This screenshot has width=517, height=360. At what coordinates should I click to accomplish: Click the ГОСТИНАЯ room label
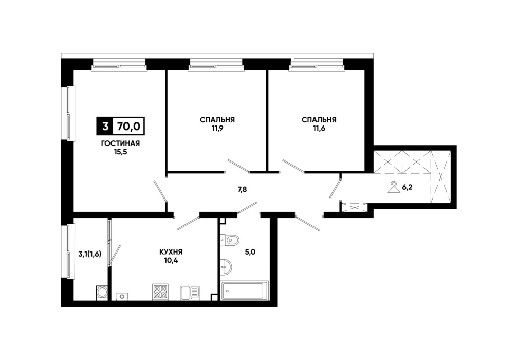(x=120, y=143)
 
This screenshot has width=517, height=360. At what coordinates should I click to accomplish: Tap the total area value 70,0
(x=128, y=126)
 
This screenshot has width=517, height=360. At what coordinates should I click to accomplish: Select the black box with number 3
(x=105, y=126)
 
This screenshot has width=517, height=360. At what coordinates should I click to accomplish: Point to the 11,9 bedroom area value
(x=217, y=128)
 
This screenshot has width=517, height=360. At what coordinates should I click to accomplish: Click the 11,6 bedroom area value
(x=319, y=128)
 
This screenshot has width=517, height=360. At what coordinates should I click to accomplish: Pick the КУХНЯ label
(x=171, y=252)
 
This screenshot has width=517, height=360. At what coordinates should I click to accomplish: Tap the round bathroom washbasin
(x=226, y=266)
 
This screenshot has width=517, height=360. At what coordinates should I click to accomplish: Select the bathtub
(x=244, y=291)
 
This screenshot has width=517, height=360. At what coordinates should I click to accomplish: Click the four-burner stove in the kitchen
(x=160, y=292)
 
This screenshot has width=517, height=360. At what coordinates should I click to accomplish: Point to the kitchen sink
(x=190, y=293)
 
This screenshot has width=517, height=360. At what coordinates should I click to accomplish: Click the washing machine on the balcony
(x=102, y=293)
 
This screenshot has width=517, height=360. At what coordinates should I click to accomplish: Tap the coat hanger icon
(x=393, y=187)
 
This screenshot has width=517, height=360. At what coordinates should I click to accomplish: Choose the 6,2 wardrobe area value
(x=407, y=188)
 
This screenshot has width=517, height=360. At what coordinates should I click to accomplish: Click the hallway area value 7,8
(x=243, y=189)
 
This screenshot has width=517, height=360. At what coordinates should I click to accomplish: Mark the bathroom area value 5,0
(x=250, y=253)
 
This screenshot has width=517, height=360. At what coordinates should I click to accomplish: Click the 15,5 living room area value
(x=120, y=152)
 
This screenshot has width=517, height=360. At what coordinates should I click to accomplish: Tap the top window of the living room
(x=119, y=64)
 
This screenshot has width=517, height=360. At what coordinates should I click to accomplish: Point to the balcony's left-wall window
(x=68, y=251)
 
